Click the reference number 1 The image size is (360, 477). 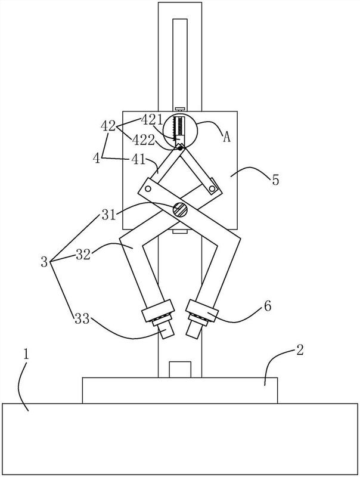pos(26,355)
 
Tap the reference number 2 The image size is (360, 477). pos(299,351)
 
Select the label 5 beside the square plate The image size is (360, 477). pos(275,180)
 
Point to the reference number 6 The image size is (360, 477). pos(267,306)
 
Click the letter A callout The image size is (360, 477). pos(226,137)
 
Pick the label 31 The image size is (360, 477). pos(108,215)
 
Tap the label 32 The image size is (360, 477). pos(83,254)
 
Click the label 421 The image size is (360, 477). pos(152,120)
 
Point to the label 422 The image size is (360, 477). pos(143,140)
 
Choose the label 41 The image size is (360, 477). pos(139,159)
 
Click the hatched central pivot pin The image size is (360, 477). pos(180,210)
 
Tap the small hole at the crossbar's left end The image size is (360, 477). pos(148,189)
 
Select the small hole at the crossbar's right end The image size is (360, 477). pos(212,189)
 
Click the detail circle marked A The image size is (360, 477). pos(181,131)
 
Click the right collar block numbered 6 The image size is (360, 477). pos(202,311)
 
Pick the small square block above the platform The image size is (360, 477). pos(180,370)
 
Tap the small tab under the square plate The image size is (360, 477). pos(179,232)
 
